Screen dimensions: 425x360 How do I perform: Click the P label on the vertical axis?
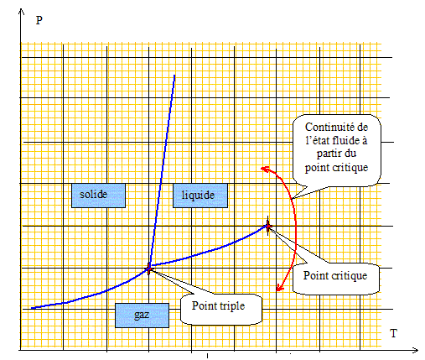[39, 20]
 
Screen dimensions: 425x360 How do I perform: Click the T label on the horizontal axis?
[393, 333]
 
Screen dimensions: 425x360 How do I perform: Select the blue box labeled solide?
[98, 196]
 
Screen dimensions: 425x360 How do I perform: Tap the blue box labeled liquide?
[200, 196]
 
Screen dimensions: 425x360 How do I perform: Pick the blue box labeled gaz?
[142, 316]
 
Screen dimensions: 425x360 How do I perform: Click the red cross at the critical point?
[268, 226]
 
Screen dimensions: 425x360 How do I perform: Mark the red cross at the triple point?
[149, 269]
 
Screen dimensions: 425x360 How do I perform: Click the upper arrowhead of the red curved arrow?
[264, 169]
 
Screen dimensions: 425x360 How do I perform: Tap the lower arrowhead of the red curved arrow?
[279, 288]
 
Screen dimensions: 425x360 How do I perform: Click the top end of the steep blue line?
[174, 75]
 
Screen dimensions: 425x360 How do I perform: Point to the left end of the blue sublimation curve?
[32, 308]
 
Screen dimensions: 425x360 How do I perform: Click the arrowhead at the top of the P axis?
[21, 11]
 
